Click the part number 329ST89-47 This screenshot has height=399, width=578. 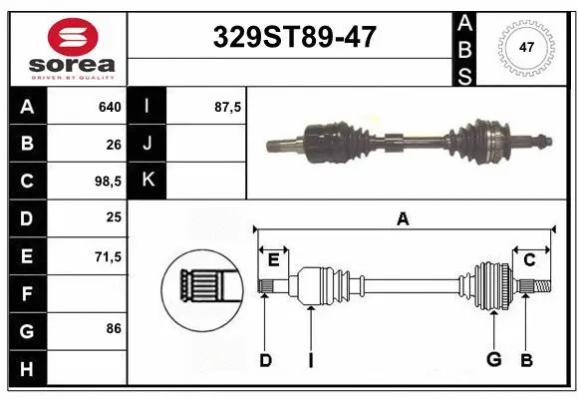[x=296, y=37]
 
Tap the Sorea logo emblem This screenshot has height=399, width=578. [x=72, y=36]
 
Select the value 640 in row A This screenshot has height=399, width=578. [x=109, y=107]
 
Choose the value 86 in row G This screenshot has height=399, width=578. [x=112, y=328]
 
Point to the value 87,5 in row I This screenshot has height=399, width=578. [x=228, y=107]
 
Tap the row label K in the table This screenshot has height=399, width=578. [x=148, y=181]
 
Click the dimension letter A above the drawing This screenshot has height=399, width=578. [x=403, y=218]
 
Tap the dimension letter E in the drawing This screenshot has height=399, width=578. [x=273, y=260]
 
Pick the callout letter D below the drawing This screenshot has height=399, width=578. [x=265, y=361]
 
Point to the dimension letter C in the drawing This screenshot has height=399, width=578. [x=530, y=260]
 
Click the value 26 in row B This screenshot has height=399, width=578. [x=112, y=144]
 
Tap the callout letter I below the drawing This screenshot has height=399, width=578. [x=310, y=361]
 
